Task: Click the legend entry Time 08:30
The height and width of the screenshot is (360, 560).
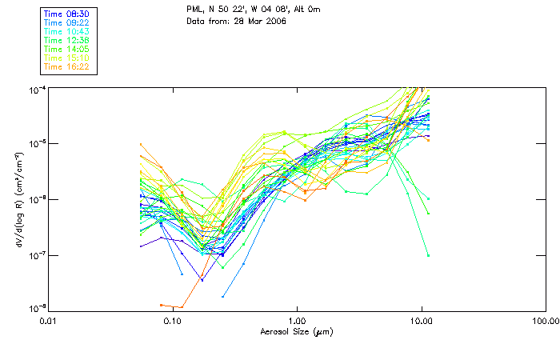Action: (67, 14)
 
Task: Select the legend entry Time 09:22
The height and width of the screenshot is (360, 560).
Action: (67, 22)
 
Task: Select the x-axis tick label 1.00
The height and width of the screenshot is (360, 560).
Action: (297, 321)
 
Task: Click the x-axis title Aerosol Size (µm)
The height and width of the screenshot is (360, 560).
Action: (296, 331)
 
